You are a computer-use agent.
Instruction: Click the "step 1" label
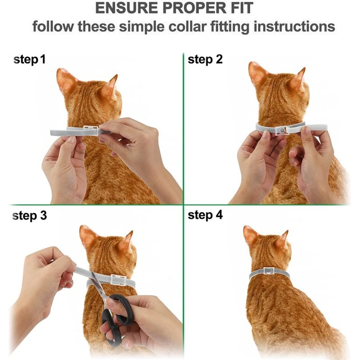pyautogui.click(x=29, y=59)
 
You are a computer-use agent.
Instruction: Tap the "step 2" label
pyautogui.click(x=205, y=59)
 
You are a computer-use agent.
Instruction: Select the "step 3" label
pyautogui.click(x=29, y=216)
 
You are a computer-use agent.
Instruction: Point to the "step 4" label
pyautogui.click(x=205, y=216)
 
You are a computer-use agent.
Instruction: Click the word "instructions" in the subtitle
pyautogui.click(x=294, y=27)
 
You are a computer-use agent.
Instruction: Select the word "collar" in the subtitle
pyautogui.click(x=188, y=27)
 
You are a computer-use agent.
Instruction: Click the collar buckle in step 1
pyautogui.click(x=90, y=130)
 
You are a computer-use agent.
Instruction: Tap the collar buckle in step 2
pyautogui.click(x=280, y=130)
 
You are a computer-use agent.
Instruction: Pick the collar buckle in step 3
pyautogui.click(x=118, y=279)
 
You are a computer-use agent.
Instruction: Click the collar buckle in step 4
pyautogui.click(x=269, y=271)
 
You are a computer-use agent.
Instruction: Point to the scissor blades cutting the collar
pyautogui.click(x=98, y=285)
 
